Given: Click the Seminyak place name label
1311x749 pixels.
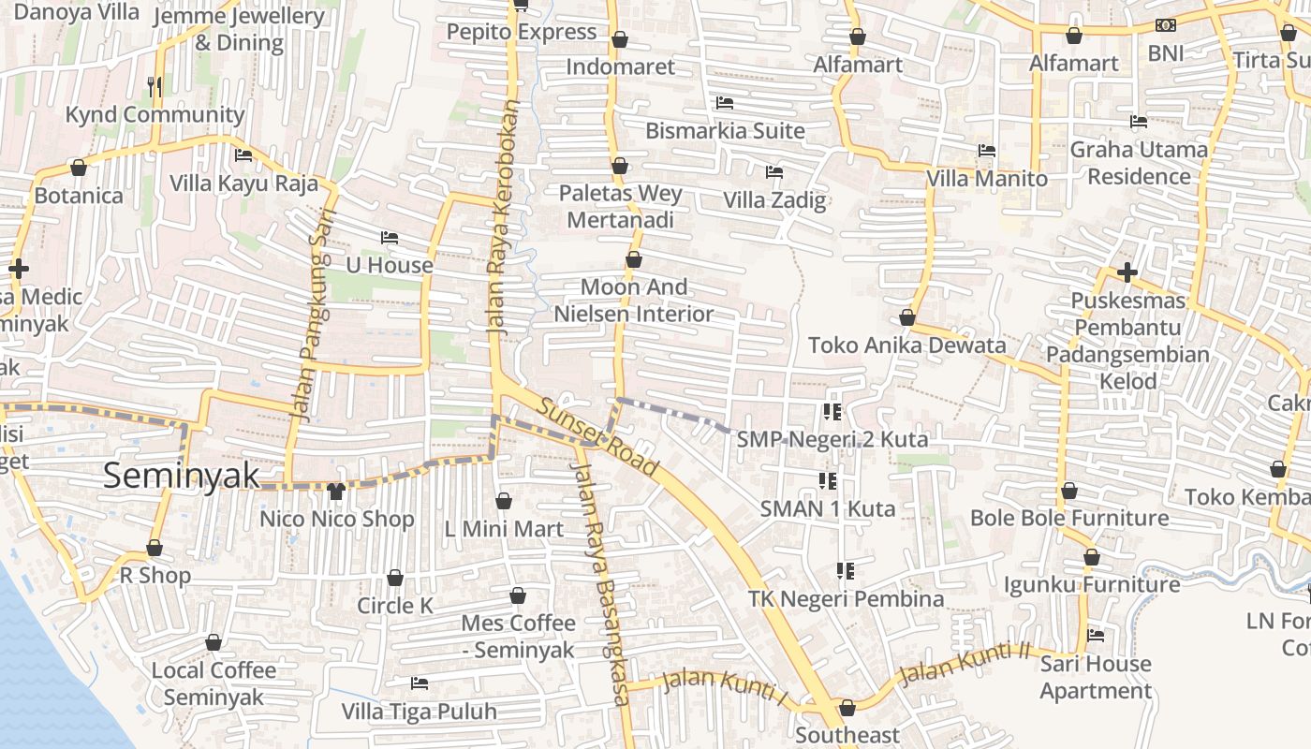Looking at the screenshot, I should pyautogui.click(x=181, y=476).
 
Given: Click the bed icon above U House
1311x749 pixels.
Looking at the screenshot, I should pyautogui.click(x=390, y=238).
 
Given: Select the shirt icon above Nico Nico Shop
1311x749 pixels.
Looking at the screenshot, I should pyautogui.click(x=336, y=491).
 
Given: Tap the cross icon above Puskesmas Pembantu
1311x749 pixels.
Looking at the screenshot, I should pyautogui.click(x=1127, y=272).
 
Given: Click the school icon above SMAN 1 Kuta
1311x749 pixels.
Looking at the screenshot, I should pyautogui.click(x=828, y=481).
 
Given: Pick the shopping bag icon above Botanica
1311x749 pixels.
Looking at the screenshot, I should pyautogui.click(x=79, y=169).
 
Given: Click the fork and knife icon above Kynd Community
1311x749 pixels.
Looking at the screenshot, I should pyautogui.click(x=155, y=87).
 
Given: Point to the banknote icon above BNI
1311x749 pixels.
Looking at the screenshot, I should pyautogui.click(x=1165, y=25).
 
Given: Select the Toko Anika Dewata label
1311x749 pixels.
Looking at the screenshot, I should pyautogui.click(x=906, y=345).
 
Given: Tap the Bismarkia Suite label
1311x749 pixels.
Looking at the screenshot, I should pyautogui.click(x=725, y=130).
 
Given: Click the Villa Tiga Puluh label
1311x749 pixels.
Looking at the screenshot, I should pyautogui.click(x=419, y=712).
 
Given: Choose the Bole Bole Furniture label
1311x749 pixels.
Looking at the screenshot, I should pyautogui.click(x=1069, y=518).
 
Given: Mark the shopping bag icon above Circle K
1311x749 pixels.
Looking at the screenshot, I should pyautogui.click(x=395, y=578).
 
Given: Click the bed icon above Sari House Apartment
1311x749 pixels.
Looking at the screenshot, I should pyautogui.click(x=1095, y=636).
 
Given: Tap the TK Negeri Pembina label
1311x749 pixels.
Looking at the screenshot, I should pyautogui.click(x=846, y=598).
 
